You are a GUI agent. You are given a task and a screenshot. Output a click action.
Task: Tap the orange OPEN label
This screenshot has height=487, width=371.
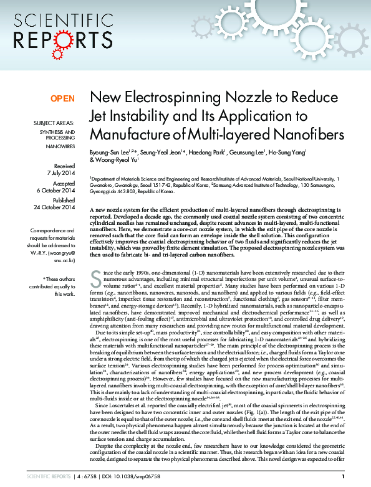pos(62,98)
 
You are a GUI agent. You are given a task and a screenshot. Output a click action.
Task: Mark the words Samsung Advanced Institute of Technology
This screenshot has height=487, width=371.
pos(261,184)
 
